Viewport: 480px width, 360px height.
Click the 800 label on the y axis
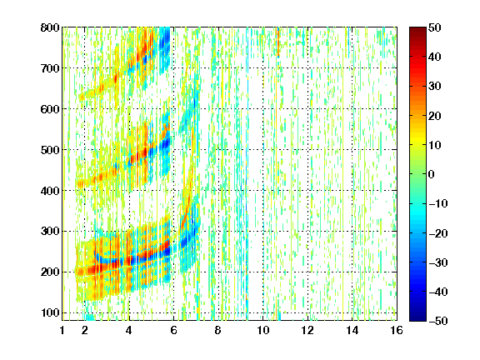[50, 27]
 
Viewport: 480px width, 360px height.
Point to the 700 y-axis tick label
[50, 68]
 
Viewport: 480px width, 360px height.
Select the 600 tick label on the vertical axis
[50, 109]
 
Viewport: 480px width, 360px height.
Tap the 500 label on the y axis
[50, 150]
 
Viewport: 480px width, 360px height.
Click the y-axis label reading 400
[50, 191]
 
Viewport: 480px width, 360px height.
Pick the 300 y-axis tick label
[50, 232]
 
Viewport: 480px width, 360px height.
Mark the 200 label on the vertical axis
[50, 272]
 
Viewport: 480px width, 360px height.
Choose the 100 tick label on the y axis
[50, 312]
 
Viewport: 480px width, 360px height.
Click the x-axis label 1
[62, 330]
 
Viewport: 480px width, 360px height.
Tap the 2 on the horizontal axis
[85, 330]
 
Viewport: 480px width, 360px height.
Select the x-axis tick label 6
[173, 330]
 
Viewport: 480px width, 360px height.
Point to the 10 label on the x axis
[263, 330]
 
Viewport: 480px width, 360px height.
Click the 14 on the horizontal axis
[352, 330]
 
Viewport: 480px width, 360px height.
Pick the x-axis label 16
[397, 330]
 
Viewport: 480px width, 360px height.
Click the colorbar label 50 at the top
[435, 27]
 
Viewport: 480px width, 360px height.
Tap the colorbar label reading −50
[438, 321]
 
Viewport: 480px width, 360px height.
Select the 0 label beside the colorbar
[432, 174]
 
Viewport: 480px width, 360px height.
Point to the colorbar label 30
[435, 87]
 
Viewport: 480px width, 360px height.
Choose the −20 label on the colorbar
[438, 233]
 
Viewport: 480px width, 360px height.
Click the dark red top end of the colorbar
[417, 29]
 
